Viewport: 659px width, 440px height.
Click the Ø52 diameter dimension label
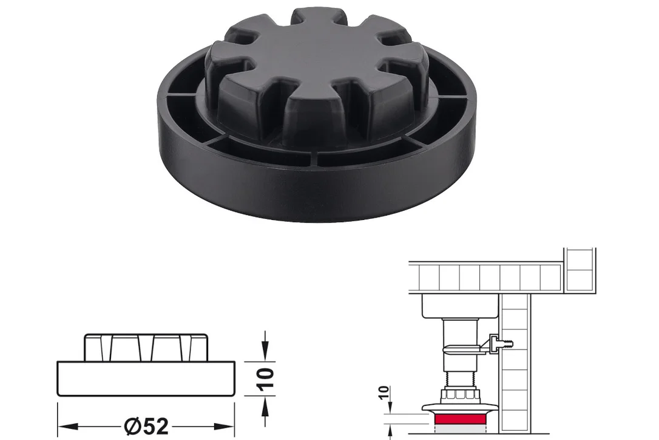pos(147,427)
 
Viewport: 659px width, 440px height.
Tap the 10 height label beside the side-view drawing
pos(266,379)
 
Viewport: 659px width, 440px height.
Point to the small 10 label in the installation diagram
pos(384,393)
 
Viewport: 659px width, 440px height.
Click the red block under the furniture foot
pos(461,420)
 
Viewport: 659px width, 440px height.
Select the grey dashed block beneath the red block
pos(461,428)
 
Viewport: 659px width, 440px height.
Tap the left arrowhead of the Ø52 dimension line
pos(68,427)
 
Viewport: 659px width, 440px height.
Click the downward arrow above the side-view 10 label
pos(265,346)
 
